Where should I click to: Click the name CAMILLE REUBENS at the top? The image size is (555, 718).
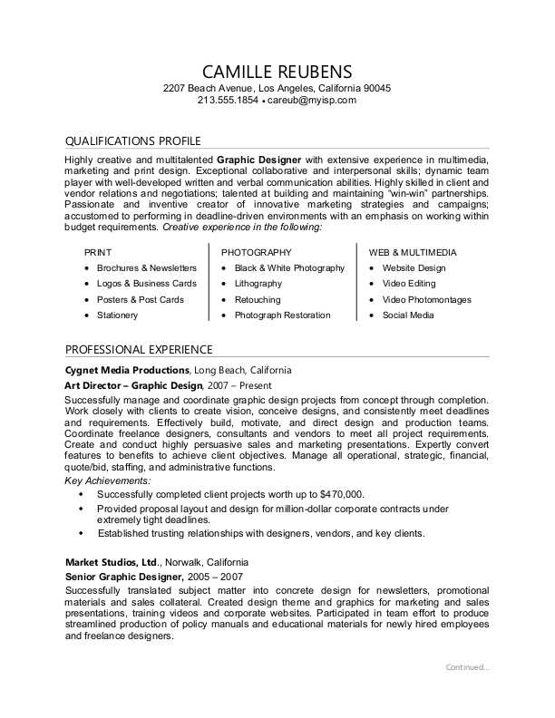click(277, 71)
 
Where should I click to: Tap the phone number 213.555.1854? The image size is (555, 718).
click(228, 101)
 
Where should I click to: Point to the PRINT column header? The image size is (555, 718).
click(98, 252)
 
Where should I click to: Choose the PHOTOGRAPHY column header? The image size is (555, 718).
click(257, 252)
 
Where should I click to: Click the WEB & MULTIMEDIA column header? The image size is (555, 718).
click(413, 252)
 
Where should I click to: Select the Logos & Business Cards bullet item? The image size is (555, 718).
click(146, 284)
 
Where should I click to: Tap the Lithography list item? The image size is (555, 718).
click(258, 284)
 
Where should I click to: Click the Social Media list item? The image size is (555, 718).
click(408, 315)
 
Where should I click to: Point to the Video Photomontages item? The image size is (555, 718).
click(426, 300)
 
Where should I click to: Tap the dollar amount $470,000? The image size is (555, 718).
click(341, 494)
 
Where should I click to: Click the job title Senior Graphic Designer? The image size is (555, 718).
click(124, 577)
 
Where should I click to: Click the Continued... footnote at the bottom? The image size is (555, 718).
click(467, 667)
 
